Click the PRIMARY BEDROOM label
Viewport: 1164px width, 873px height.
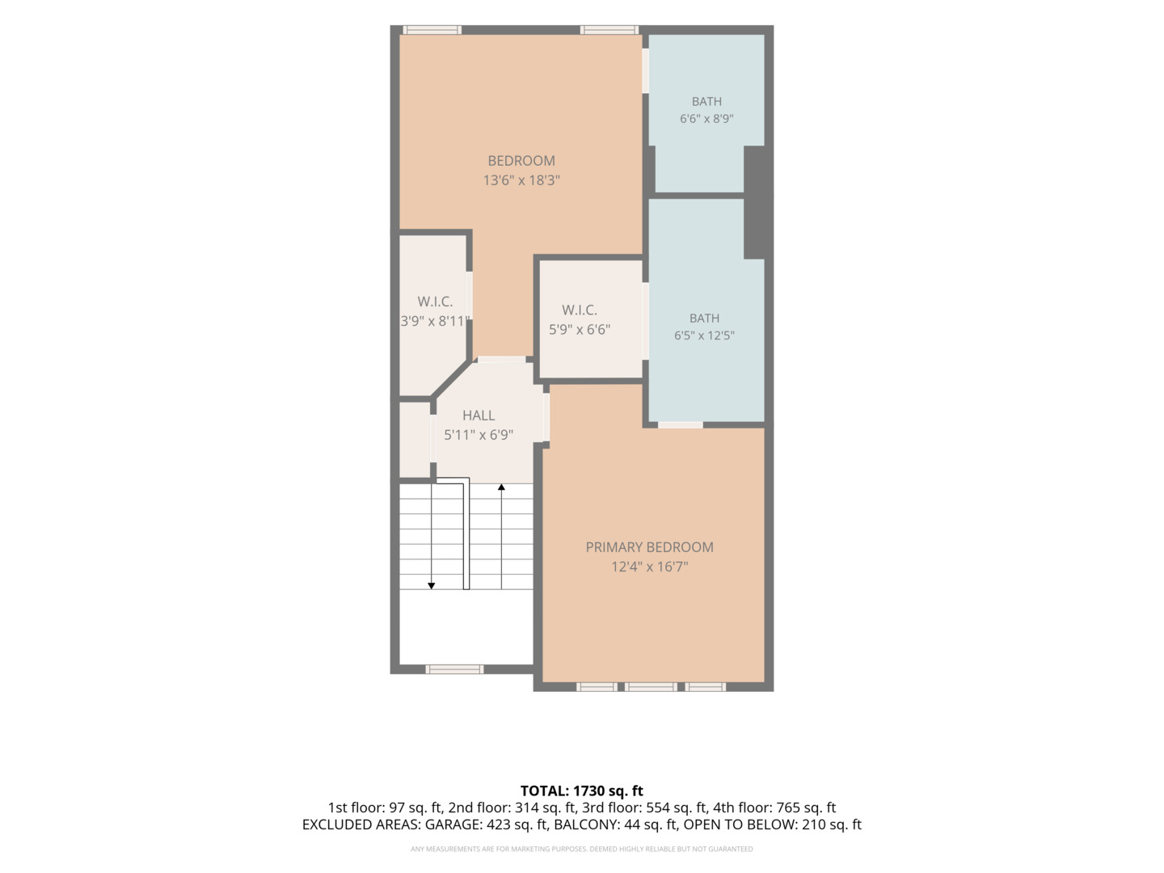click(x=649, y=547)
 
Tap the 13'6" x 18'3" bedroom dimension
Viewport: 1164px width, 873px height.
click(x=521, y=180)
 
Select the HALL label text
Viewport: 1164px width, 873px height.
click(x=479, y=415)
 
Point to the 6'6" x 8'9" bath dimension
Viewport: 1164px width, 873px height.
click(x=706, y=118)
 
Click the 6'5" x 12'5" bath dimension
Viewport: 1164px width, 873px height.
click(x=704, y=335)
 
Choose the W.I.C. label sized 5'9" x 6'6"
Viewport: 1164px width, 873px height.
click(x=579, y=310)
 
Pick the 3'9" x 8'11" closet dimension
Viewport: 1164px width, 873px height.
click(x=435, y=321)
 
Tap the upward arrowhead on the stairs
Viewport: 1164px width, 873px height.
click(x=501, y=487)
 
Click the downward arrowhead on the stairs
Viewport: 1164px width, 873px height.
click(x=431, y=586)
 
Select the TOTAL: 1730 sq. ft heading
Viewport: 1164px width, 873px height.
click(x=581, y=791)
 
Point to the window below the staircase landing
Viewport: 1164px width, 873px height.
click(x=454, y=669)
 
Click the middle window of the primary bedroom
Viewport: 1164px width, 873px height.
click(x=651, y=687)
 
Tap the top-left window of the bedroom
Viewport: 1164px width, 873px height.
click(x=432, y=30)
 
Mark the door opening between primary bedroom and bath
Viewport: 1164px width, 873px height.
click(x=681, y=424)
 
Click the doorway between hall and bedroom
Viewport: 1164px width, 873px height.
click(x=502, y=360)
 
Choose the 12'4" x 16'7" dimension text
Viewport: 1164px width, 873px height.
click(x=649, y=567)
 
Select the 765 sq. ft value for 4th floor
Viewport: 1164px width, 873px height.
click(x=806, y=808)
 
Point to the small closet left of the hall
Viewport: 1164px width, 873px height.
click(x=415, y=440)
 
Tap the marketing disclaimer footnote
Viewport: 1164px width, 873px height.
click(x=581, y=849)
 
